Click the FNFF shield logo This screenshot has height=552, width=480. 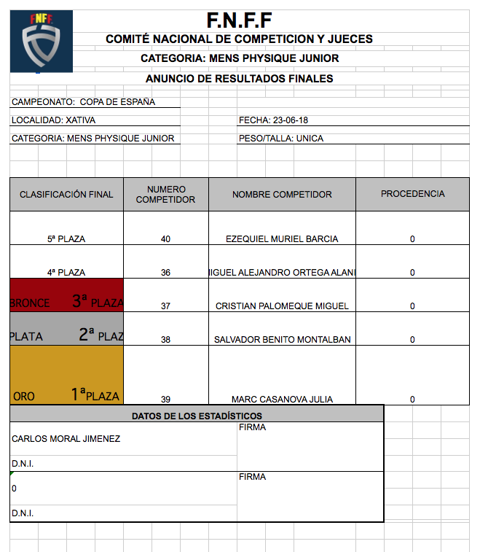[x=41, y=41]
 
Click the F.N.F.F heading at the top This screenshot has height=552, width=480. [x=239, y=20]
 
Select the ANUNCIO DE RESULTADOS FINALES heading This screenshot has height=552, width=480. [x=239, y=79]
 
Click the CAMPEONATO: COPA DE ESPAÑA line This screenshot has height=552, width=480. [x=83, y=102]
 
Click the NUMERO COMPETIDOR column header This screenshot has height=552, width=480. [x=165, y=195]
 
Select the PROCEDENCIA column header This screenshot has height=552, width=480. [x=412, y=194]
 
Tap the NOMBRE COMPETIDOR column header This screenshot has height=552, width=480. [x=282, y=195]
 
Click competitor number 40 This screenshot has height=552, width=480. [x=165, y=238]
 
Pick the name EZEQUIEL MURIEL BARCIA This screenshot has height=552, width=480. [x=282, y=238]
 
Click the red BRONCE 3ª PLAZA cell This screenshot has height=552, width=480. [x=66, y=295]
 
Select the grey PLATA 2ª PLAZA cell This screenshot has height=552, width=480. [x=66, y=329]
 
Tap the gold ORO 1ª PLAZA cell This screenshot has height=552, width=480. [x=66, y=375]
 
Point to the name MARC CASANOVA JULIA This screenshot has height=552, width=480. [x=282, y=399]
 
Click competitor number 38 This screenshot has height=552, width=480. [x=165, y=340]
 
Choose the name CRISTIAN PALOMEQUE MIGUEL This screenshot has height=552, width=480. [x=282, y=306]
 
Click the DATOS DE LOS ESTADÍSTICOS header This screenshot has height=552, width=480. [x=197, y=416]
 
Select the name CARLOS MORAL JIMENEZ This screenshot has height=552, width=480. [x=66, y=439]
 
